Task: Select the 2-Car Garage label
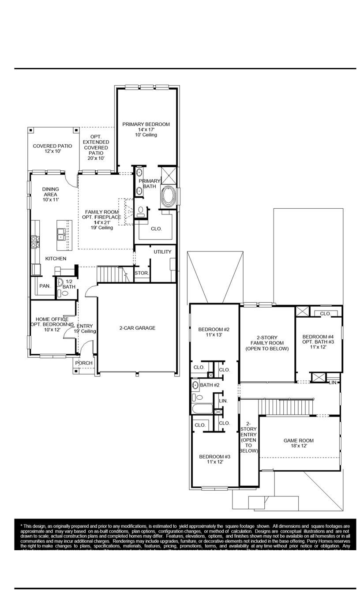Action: click(x=137, y=328)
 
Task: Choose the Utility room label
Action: click(x=162, y=252)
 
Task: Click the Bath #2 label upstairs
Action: click(x=210, y=385)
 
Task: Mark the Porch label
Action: click(x=84, y=363)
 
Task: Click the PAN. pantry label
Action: click(x=45, y=286)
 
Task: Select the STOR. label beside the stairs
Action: click(x=142, y=273)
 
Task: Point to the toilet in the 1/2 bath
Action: click(x=65, y=293)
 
